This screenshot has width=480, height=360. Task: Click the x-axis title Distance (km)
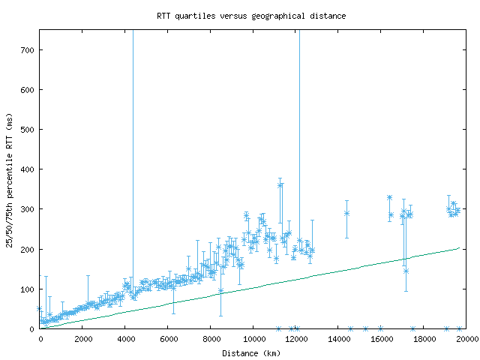click(251, 352)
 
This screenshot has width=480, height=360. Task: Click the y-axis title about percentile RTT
click(9, 179)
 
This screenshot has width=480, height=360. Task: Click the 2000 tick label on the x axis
click(82, 339)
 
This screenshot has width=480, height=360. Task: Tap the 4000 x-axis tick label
click(125, 339)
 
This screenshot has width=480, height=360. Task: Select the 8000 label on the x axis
click(211, 339)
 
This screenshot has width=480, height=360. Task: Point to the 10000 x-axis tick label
click(253, 339)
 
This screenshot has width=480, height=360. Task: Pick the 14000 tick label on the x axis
click(339, 339)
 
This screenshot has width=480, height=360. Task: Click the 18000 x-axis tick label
click(424, 339)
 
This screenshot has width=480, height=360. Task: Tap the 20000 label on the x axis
click(467, 339)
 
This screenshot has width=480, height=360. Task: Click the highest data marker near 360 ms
click(280, 185)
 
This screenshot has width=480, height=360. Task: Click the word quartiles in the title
click(194, 16)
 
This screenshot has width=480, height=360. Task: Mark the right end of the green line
click(458, 247)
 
